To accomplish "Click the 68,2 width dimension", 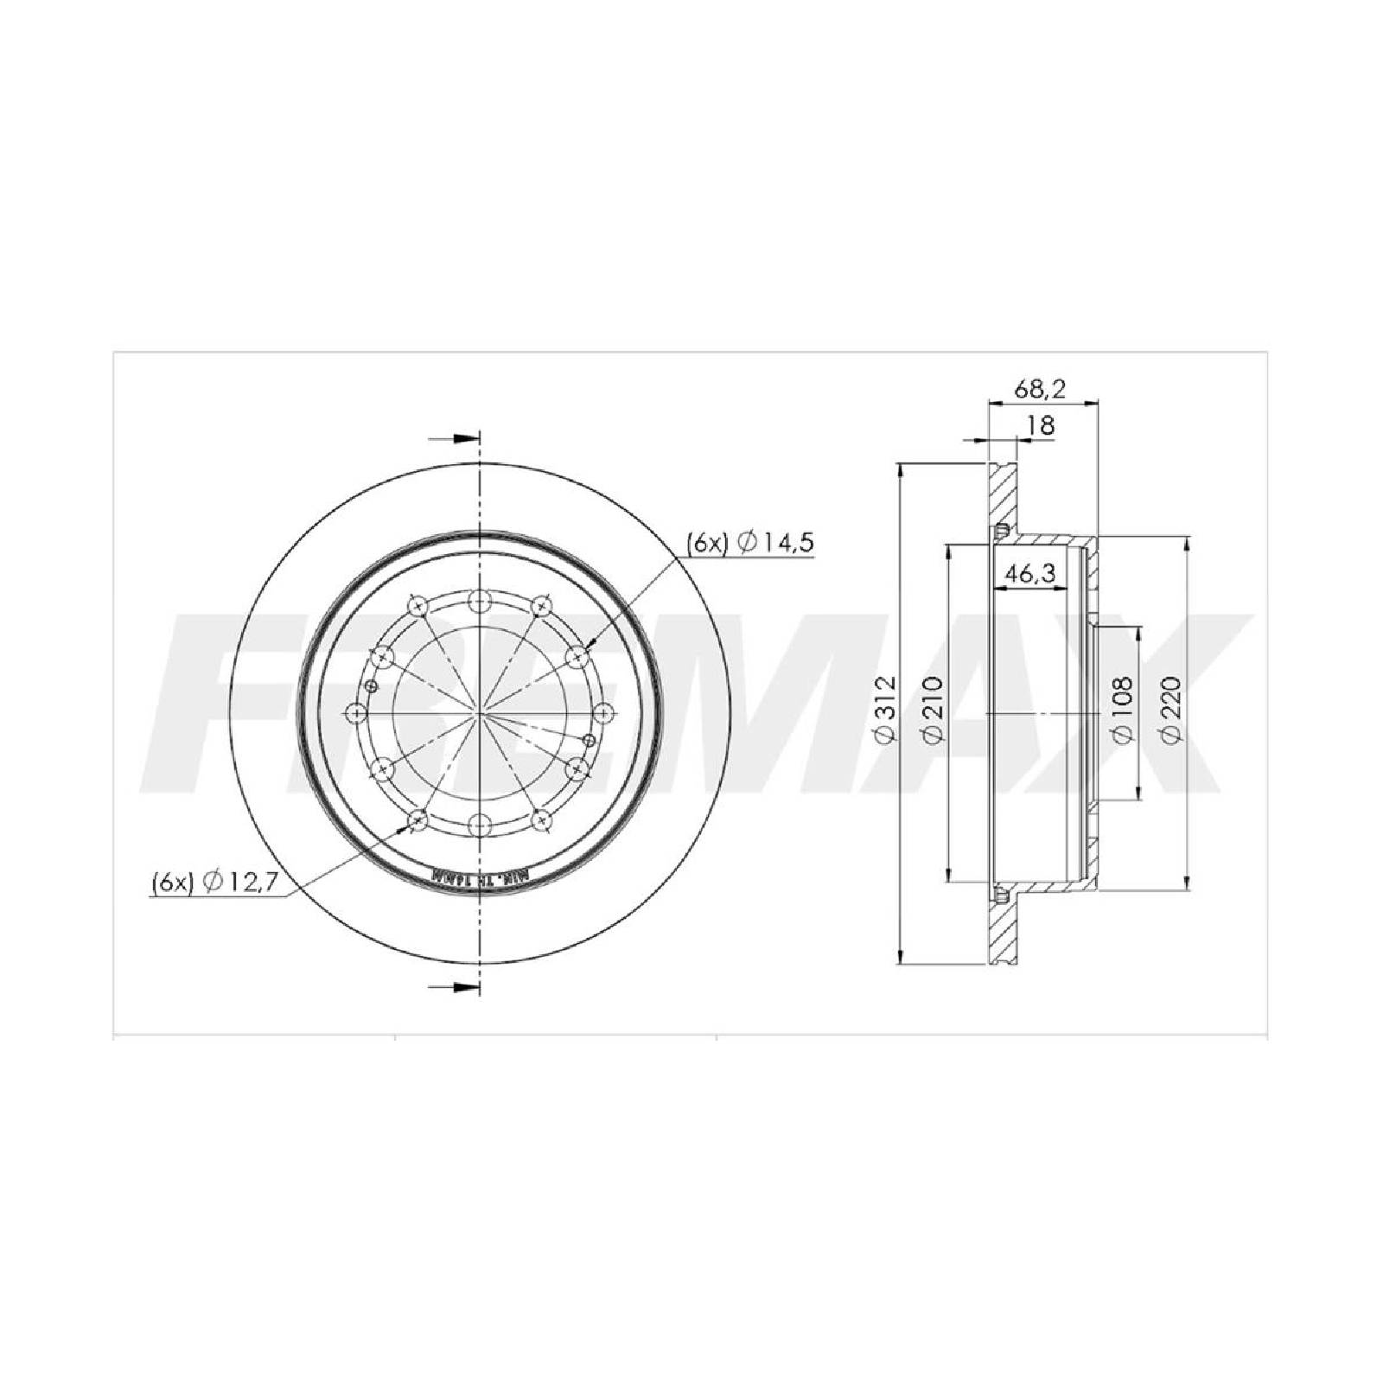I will coord(1041,389).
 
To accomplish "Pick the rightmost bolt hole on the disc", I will coord(602,713).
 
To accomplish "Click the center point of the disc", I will coord(479,713).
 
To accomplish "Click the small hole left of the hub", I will coord(372,686).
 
